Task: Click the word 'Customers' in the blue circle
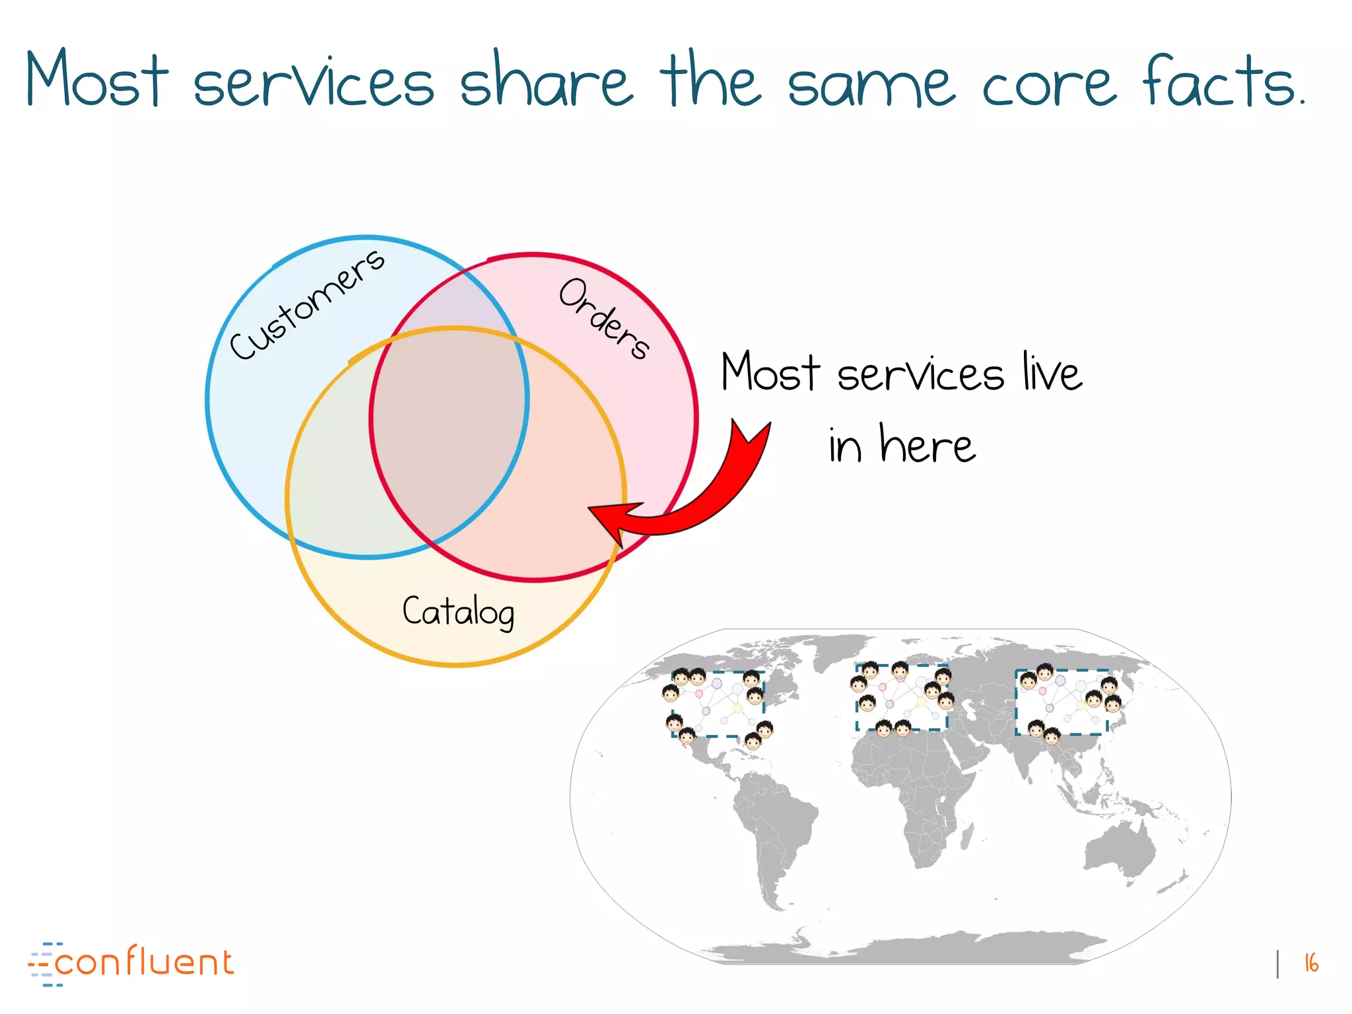click(x=307, y=304)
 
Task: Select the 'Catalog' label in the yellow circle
click(x=458, y=611)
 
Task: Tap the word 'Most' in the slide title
click(x=96, y=79)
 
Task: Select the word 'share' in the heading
click(x=545, y=82)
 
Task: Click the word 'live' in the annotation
click(x=1052, y=372)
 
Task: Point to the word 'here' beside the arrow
click(x=927, y=444)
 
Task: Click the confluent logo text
click(x=143, y=963)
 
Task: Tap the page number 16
click(x=1311, y=963)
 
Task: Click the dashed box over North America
click(x=718, y=704)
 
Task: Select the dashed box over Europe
click(x=902, y=698)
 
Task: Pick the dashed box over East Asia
click(x=1062, y=702)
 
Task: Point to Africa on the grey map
click(x=911, y=792)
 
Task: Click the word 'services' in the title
click(x=314, y=83)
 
